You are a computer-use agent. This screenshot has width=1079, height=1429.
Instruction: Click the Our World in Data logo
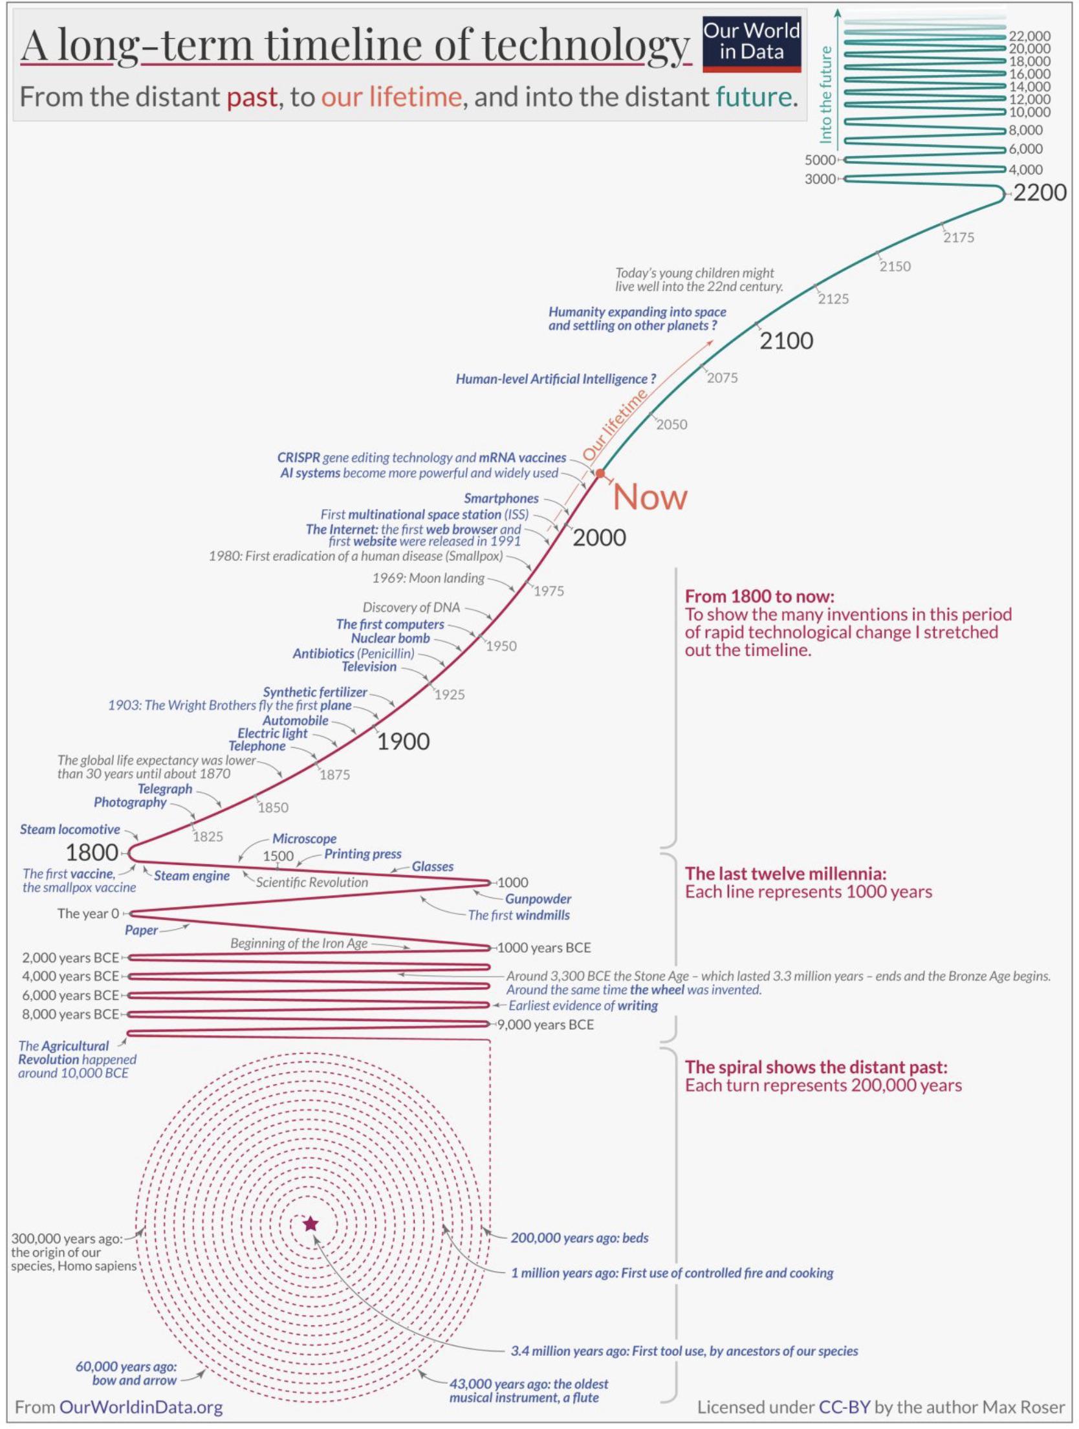pyautogui.click(x=752, y=43)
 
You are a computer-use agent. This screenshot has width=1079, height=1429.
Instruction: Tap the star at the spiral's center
pyautogui.click(x=311, y=1224)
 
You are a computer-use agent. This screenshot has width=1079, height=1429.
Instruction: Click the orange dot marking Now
pyautogui.click(x=600, y=474)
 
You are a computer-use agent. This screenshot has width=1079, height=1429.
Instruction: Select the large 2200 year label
pyautogui.click(x=1039, y=193)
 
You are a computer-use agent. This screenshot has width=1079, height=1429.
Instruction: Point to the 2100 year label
pyautogui.click(x=786, y=341)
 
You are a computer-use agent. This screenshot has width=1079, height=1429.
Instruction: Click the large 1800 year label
pyautogui.click(x=92, y=853)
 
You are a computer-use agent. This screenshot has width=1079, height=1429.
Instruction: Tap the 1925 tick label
pyautogui.click(x=450, y=695)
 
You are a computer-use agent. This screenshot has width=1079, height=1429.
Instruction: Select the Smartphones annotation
pyautogui.click(x=501, y=498)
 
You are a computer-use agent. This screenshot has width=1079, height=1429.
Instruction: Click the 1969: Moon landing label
pyautogui.click(x=428, y=578)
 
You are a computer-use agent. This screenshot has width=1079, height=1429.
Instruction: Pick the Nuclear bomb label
pyautogui.click(x=391, y=638)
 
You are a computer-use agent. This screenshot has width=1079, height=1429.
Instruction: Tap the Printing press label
pyautogui.click(x=363, y=854)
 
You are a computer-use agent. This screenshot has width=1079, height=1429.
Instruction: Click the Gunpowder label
pyautogui.click(x=538, y=899)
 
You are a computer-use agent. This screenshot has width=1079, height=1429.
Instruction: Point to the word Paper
pyautogui.click(x=141, y=930)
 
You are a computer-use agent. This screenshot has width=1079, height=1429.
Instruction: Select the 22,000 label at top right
pyautogui.click(x=1030, y=36)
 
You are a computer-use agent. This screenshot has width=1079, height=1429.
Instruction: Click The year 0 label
pyautogui.click(x=88, y=913)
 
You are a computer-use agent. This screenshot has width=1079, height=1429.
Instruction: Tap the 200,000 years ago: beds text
pyautogui.click(x=580, y=1238)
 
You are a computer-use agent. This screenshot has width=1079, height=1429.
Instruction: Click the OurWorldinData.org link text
pyautogui.click(x=141, y=1407)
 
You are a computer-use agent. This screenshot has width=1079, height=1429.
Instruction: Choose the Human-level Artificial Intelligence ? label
pyautogui.click(x=556, y=379)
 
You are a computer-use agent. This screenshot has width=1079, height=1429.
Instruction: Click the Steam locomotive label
pyautogui.click(x=70, y=829)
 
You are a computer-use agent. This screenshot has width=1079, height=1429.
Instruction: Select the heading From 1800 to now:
pyautogui.click(x=759, y=596)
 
